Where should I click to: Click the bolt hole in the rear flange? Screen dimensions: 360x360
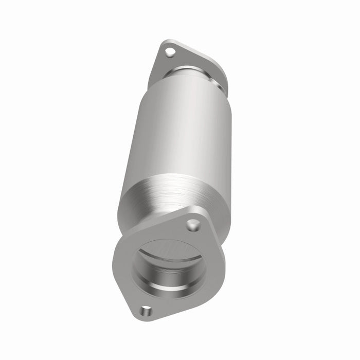click(x=170, y=51)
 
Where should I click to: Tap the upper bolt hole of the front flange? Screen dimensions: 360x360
click(x=193, y=225)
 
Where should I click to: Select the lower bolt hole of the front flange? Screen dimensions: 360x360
click(x=147, y=310)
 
